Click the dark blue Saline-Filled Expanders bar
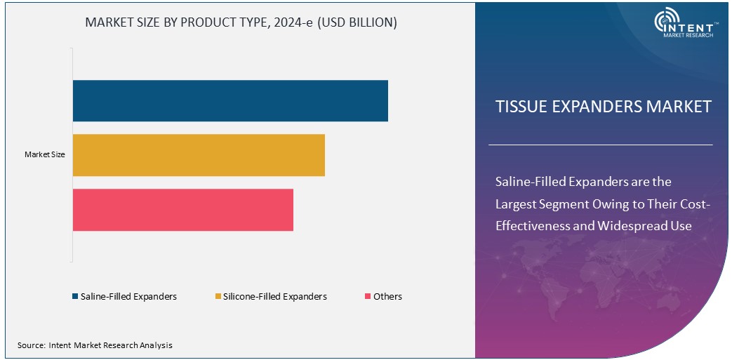230,100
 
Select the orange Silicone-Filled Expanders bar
199,155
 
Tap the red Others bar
182,210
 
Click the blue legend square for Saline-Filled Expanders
75,297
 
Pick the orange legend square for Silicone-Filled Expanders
218,297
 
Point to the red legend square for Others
367,297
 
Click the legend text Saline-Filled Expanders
128,297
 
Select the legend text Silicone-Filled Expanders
275,297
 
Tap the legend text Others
387,297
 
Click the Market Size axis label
45,154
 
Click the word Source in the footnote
31,345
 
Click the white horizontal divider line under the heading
600,145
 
